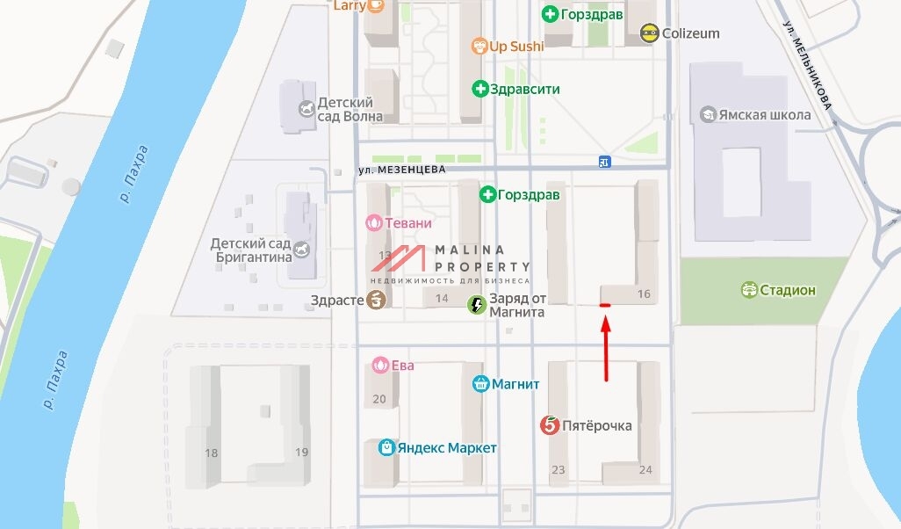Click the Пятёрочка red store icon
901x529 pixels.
click(550, 425)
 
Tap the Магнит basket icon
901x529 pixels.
click(480, 384)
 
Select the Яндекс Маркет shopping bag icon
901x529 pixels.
click(386, 448)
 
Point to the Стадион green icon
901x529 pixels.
click(749, 290)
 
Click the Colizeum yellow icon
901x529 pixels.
click(649, 33)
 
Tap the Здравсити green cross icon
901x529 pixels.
click(480, 89)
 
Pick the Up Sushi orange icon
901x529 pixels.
click(479, 46)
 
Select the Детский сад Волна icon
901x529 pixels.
click(306, 109)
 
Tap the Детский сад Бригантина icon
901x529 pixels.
click(302, 250)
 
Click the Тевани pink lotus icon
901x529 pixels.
click(375, 223)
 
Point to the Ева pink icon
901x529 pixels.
click(380, 365)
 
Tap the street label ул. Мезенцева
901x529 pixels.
click(402, 169)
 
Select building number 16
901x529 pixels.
click(645, 294)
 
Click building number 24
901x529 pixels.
click(645, 470)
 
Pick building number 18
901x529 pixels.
click(211, 453)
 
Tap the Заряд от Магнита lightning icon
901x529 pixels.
click(477, 305)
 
